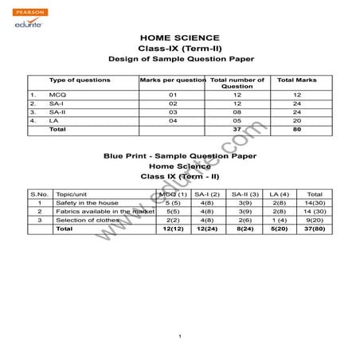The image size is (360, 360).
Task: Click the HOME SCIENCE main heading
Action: point(179,37)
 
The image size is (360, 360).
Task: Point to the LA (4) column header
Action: point(279,194)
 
